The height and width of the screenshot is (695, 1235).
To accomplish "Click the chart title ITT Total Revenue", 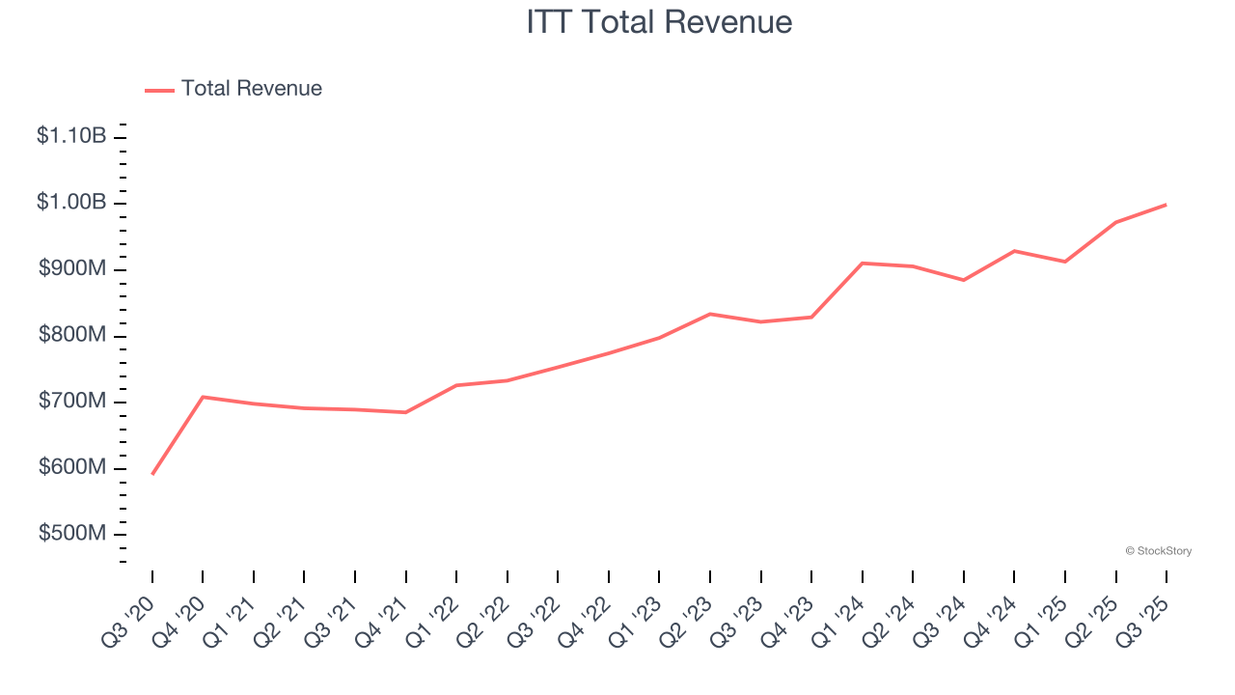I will click(x=659, y=21).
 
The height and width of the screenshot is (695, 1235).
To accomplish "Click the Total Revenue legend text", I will click(x=251, y=89).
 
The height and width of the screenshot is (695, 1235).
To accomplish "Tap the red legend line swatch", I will click(x=159, y=90).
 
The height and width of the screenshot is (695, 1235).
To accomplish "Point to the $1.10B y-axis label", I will click(x=71, y=136).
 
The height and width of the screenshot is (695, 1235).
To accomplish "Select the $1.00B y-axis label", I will click(x=71, y=203).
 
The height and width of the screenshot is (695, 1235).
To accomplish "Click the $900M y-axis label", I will click(x=72, y=269).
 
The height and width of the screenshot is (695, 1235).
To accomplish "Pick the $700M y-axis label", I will click(x=72, y=402).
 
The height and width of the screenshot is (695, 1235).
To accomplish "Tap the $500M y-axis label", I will click(x=72, y=534).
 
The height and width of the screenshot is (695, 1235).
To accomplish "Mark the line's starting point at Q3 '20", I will click(x=152, y=474).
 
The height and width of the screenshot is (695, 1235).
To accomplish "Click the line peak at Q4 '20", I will click(x=203, y=397).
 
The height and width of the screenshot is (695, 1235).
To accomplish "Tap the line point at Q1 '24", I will click(x=863, y=263).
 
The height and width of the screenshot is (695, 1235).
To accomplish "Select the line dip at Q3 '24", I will click(x=964, y=280).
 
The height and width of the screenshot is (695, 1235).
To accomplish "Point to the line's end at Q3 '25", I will click(x=1166, y=205).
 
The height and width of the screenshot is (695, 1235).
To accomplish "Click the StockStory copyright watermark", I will click(x=1158, y=551).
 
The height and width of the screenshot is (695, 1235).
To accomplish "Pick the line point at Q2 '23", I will click(x=710, y=314).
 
